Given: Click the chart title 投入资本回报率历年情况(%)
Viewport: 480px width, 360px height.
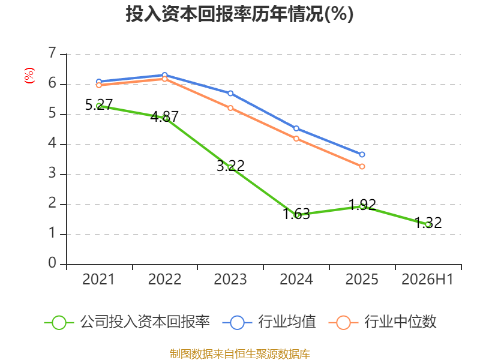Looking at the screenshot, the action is (x=239, y=14).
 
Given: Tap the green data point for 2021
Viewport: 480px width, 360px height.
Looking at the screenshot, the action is (x=99, y=106).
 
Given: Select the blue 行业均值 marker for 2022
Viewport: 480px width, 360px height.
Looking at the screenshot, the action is (x=164, y=75).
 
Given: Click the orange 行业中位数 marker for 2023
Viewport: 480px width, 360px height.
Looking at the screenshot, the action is (x=230, y=108).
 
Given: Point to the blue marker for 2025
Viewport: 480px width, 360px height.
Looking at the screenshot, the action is (x=362, y=155).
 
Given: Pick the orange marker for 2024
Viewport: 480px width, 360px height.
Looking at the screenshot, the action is (x=296, y=139).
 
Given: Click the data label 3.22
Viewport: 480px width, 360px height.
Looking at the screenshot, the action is (x=230, y=166).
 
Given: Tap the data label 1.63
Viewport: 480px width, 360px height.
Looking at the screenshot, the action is (x=296, y=214).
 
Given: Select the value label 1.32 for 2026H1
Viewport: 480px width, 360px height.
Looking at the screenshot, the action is (x=428, y=223).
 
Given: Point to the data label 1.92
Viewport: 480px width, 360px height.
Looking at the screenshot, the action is (x=362, y=205).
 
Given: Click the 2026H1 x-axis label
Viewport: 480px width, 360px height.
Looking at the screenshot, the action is (x=427, y=280).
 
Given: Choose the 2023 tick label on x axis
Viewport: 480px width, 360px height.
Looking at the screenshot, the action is (x=230, y=280).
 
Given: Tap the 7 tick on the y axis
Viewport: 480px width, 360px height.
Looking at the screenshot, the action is (x=52, y=53).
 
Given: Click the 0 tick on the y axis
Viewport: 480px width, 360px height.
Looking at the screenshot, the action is (x=52, y=263).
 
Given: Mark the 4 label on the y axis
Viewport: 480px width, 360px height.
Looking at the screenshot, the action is (x=52, y=143).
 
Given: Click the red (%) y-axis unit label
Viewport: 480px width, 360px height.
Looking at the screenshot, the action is (x=29, y=76).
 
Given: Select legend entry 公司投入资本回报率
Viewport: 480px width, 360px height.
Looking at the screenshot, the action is (x=127, y=322).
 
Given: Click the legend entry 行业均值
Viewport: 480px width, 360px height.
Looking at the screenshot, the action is (x=269, y=322).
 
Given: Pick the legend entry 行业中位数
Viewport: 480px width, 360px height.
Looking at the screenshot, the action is (x=383, y=322).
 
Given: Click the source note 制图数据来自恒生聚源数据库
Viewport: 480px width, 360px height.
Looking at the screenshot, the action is (x=240, y=354).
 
